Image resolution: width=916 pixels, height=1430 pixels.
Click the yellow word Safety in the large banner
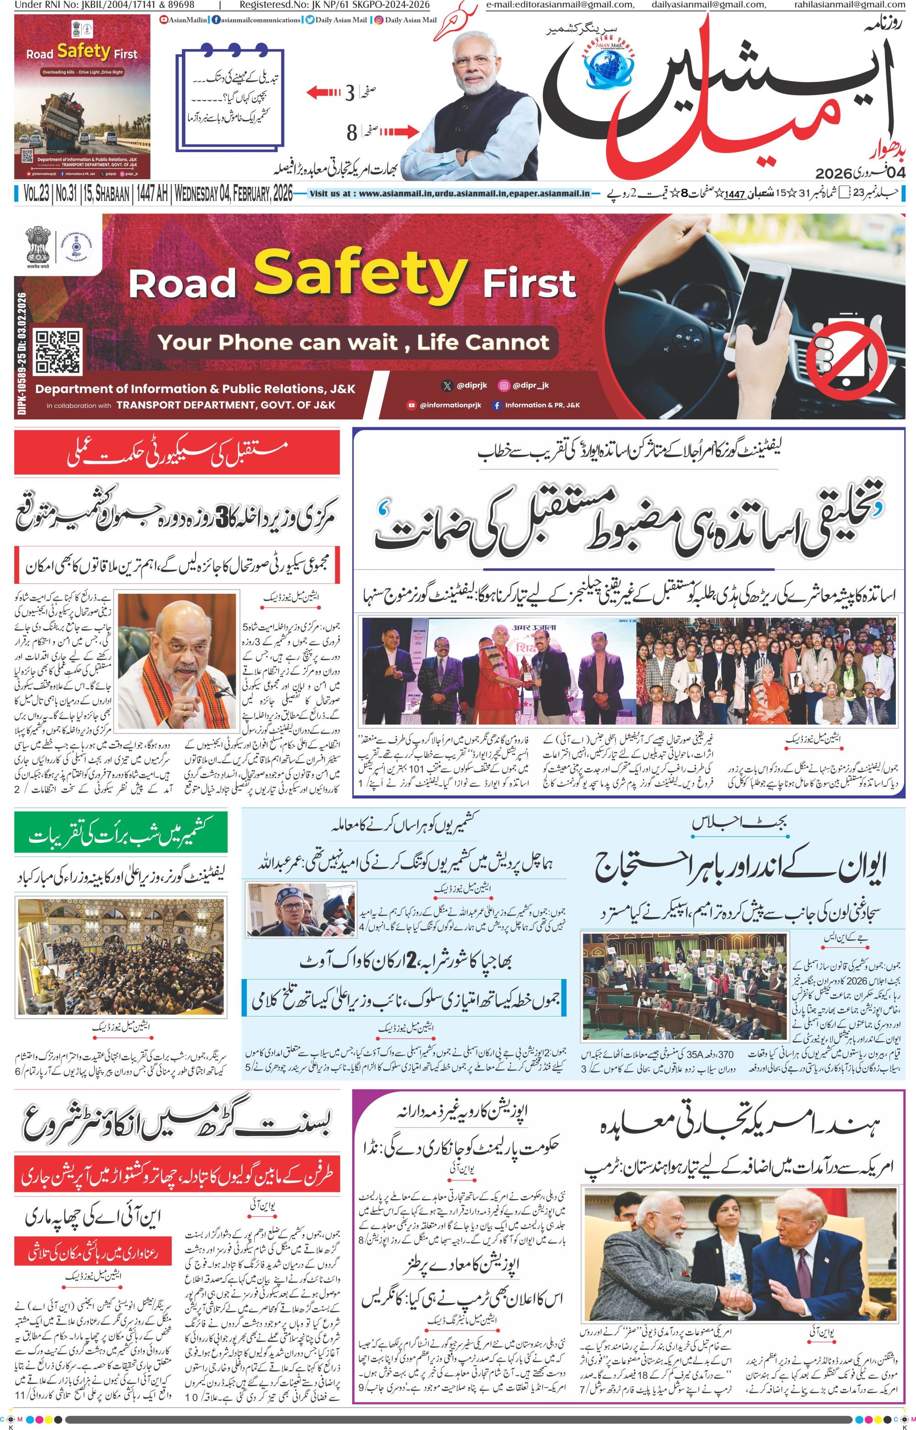tap(360, 273)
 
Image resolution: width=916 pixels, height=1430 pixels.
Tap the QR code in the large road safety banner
tap(58, 353)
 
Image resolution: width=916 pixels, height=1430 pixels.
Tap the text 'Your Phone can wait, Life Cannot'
tap(353, 343)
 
